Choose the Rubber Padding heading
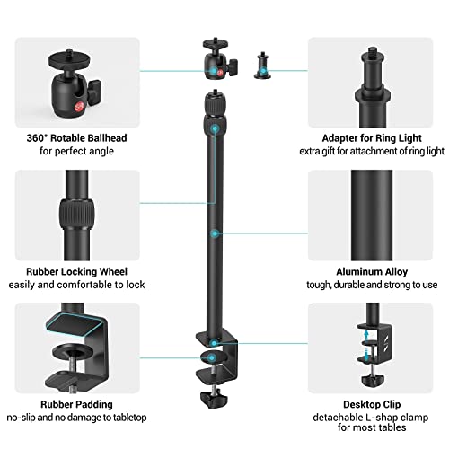pyautogui.click(x=70, y=404)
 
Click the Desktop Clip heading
pyautogui.click(x=372, y=404)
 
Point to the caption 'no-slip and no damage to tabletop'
pyautogui.click(x=70, y=419)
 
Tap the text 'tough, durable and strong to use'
pyautogui.click(x=372, y=285)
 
